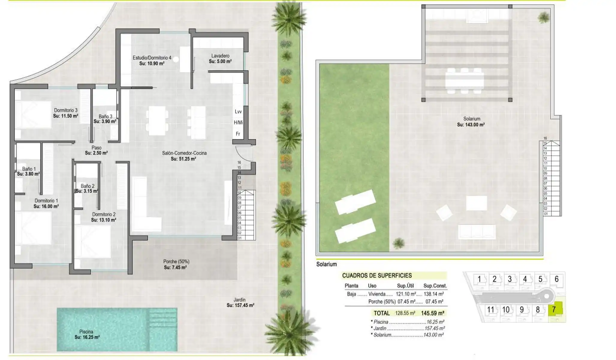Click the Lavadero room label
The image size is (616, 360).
click(x=220, y=56)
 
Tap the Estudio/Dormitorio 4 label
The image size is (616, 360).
click(x=152, y=58)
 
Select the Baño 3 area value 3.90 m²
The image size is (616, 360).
click(x=105, y=121)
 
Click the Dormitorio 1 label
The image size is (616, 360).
click(x=46, y=201)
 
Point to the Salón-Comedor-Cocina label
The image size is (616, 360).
click(x=184, y=153)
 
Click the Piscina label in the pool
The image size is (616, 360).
click(x=86, y=332)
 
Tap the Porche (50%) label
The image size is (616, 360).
click(x=176, y=262)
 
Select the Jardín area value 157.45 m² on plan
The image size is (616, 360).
click(x=240, y=305)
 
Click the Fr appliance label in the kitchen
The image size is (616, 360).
click(x=238, y=134)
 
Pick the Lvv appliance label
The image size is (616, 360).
click(x=238, y=112)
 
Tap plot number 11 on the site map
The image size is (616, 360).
click(x=490, y=310)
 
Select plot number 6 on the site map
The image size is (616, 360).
click(x=556, y=279)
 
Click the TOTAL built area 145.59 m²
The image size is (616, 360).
click(x=432, y=313)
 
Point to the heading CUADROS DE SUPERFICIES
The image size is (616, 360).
click(x=377, y=275)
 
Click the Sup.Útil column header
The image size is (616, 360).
click(x=405, y=286)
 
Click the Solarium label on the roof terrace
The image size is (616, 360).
click(x=472, y=119)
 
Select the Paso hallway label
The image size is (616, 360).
click(x=96, y=148)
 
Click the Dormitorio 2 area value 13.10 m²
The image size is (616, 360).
click(x=103, y=220)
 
